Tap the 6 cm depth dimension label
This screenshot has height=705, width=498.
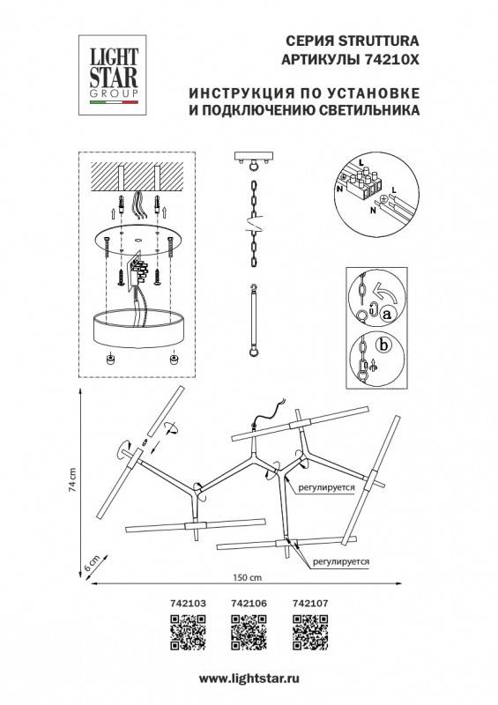[91, 561]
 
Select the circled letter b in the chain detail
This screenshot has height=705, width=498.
[382, 345]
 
